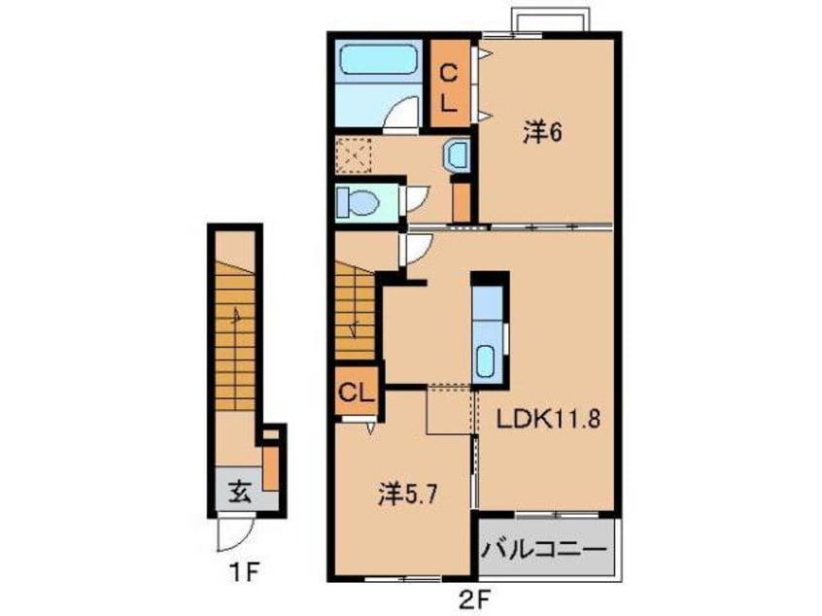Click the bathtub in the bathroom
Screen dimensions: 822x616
tap(377, 60)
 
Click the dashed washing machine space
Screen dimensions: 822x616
tap(354, 155)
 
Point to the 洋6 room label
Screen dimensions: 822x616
tap(542, 132)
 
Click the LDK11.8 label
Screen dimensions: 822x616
tap(548, 420)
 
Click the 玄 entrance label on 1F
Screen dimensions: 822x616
tap(240, 493)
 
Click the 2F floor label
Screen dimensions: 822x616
tap(475, 598)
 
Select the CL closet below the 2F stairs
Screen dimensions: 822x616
tap(357, 392)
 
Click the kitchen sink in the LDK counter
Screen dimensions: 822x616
tap(487, 361)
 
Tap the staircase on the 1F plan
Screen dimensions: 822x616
tap(235, 335)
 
